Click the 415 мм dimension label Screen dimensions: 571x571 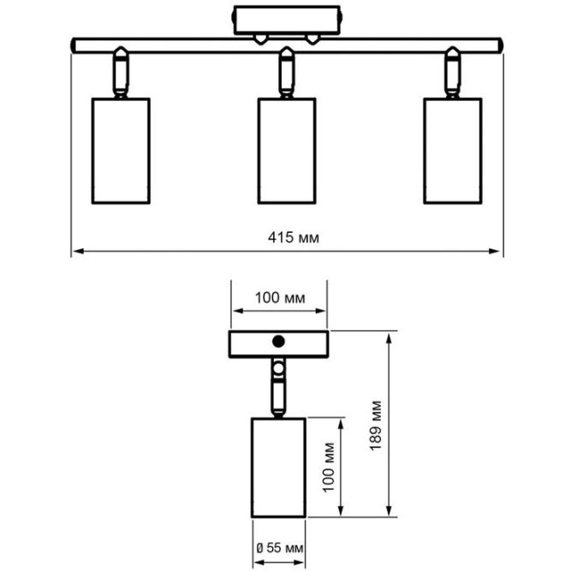pos(287,237)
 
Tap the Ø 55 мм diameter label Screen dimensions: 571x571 pos(279,546)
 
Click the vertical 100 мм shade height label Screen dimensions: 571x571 pos(329,467)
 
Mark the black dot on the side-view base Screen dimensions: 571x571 pos(277,342)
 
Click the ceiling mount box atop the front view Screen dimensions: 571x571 pos(286,20)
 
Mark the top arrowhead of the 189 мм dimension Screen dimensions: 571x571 pos(391,336)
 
